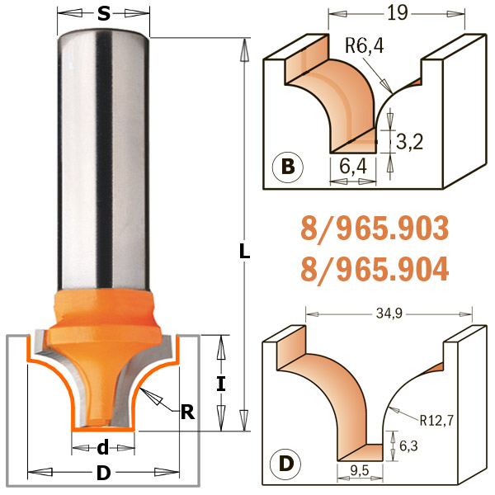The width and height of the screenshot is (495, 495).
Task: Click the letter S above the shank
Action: [104, 14]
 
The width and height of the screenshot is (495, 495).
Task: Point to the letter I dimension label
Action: [221, 384]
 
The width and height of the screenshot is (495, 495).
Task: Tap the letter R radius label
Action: [187, 412]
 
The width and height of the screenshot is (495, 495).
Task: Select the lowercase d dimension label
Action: [103, 447]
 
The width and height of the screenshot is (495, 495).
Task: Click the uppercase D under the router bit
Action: [104, 473]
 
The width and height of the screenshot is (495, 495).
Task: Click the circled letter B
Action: [288, 167]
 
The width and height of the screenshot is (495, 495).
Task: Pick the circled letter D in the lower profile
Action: [286, 464]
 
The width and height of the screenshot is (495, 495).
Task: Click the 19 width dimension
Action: [398, 13]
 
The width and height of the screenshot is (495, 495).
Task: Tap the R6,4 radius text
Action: [365, 45]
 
